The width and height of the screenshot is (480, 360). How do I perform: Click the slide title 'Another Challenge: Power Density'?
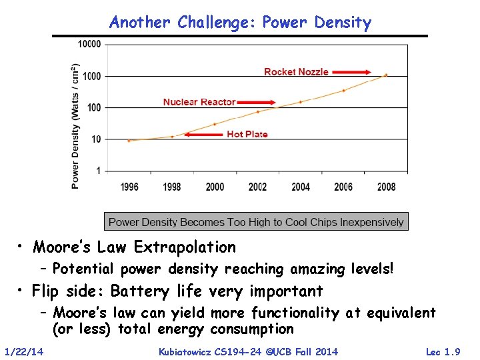pos(240,23)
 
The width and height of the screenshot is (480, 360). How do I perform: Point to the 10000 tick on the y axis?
pos(89,45)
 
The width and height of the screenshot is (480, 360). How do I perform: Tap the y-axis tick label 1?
pos(98,171)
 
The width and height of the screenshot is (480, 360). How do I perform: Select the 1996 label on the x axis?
pos(129,187)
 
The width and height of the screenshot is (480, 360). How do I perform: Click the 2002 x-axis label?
pos(257,187)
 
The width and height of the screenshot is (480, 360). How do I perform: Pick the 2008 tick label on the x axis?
pos(386,187)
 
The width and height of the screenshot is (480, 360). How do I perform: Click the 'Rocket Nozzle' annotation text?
pos(296,72)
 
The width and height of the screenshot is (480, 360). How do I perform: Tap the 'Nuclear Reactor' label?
pos(199,102)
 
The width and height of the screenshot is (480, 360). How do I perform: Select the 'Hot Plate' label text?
pos(247,134)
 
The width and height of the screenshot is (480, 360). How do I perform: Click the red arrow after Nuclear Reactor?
pos(257,102)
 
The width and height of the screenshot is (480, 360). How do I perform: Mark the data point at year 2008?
pos(386,75)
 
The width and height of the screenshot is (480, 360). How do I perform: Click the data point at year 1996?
pos(129,141)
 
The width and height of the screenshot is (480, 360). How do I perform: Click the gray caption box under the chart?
pos(256,222)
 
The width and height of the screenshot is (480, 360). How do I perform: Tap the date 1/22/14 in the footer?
pos(24,351)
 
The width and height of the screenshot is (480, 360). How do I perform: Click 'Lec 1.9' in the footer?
pos(443,351)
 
